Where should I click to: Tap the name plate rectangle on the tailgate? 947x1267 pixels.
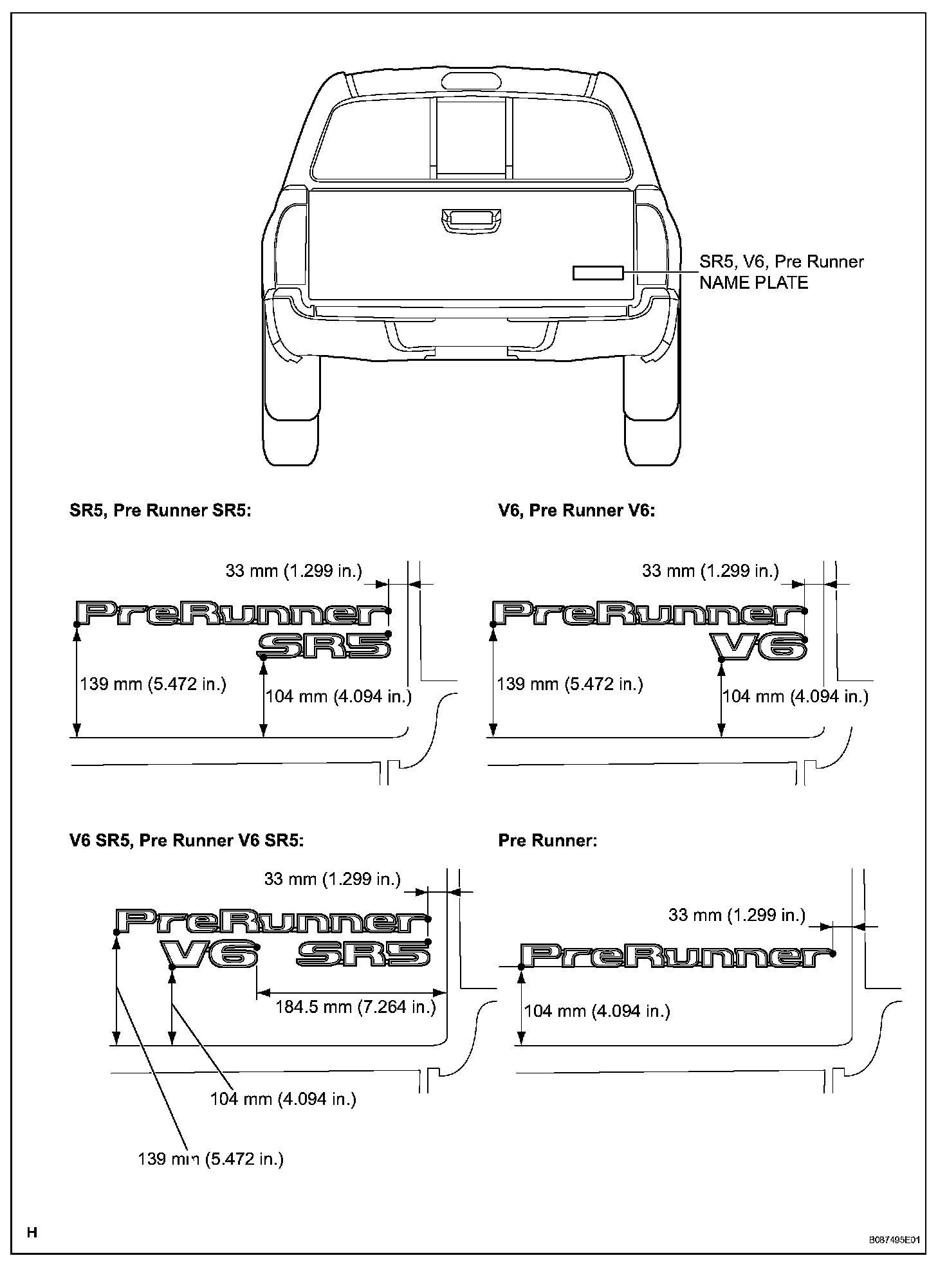(598, 273)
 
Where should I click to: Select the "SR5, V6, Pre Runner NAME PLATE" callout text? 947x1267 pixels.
(781, 272)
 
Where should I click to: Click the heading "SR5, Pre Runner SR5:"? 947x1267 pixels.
(160, 511)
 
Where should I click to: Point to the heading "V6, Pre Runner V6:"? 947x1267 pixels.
(576, 511)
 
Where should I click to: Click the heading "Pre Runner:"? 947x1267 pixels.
(547, 841)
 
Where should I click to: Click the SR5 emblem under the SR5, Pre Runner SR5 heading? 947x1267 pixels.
(325, 645)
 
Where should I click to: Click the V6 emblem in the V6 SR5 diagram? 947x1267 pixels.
(210, 954)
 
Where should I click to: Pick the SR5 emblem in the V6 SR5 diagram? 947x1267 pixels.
(363, 954)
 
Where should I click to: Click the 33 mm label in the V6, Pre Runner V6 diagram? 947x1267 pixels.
(710, 570)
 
